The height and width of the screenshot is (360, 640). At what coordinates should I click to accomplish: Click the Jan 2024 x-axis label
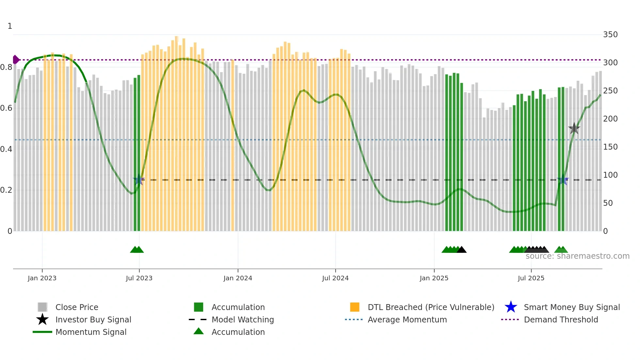click(x=238, y=278)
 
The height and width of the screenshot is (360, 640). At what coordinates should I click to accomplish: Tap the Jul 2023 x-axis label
click(x=139, y=278)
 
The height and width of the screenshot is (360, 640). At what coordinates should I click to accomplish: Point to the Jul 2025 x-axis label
click(x=531, y=278)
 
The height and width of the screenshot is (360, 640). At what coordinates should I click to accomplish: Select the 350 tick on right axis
click(x=610, y=35)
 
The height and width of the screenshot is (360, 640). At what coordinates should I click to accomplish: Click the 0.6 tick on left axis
click(x=6, y=108)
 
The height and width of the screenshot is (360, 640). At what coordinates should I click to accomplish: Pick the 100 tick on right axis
click(x=610, y=175)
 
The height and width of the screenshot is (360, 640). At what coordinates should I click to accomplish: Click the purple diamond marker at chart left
click(x=16, y=60)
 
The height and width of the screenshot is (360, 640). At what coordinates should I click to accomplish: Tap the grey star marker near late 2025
click(x=574, y=128)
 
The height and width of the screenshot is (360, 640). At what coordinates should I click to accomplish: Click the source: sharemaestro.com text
click(x=577, y=256)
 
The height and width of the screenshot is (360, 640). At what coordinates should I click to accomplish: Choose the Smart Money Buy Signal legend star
click(x=511, y=307)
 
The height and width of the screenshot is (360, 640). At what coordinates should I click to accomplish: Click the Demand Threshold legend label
click(x=561, y=319)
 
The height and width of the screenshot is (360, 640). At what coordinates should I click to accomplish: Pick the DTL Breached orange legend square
click(x=355, y=307)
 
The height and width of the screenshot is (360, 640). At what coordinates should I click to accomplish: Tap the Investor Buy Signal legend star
click(x=42, y=319)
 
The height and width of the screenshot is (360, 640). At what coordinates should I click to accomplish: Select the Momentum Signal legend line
click(x=42, y=332)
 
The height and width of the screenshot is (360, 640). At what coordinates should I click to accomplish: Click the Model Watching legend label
click(x=243, y=319)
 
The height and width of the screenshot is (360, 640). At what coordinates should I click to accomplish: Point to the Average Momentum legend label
click(x=407, y=319)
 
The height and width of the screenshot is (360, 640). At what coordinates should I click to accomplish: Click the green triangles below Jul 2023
click(x=137, y=250)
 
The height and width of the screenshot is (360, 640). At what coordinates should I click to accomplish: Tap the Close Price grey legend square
click(x=42, y=307)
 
